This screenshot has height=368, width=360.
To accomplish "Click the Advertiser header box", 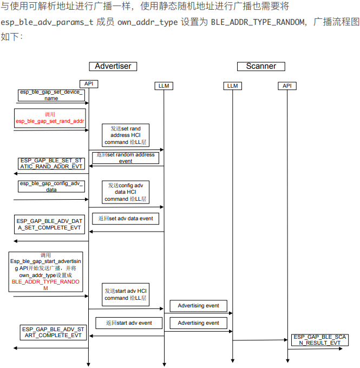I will [x=113, y=66].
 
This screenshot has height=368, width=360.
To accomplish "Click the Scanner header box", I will [x=261, y=66].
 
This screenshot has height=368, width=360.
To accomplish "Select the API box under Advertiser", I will [x=89, y=83].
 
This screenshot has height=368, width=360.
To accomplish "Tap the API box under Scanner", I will [x=287, y=86].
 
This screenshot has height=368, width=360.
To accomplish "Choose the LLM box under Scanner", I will [x=232, y=86].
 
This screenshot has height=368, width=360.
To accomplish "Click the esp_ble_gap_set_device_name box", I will [x=51, y=95].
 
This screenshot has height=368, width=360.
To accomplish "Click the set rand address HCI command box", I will [x=126, y=135].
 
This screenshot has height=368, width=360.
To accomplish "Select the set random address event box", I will [x=125, y=157].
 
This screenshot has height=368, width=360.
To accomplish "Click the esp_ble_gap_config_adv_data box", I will [x=51, y=187].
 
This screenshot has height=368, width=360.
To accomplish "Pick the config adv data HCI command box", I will [x=126, y=192].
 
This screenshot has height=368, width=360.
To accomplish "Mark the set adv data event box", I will [x=125, y=219].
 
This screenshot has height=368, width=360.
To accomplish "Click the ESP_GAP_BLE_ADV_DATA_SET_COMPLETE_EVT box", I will [x=49, y=225].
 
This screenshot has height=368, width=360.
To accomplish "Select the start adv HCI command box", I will [x=126, y=294].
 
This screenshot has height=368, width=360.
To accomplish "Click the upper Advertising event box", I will [x=198, y=306].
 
